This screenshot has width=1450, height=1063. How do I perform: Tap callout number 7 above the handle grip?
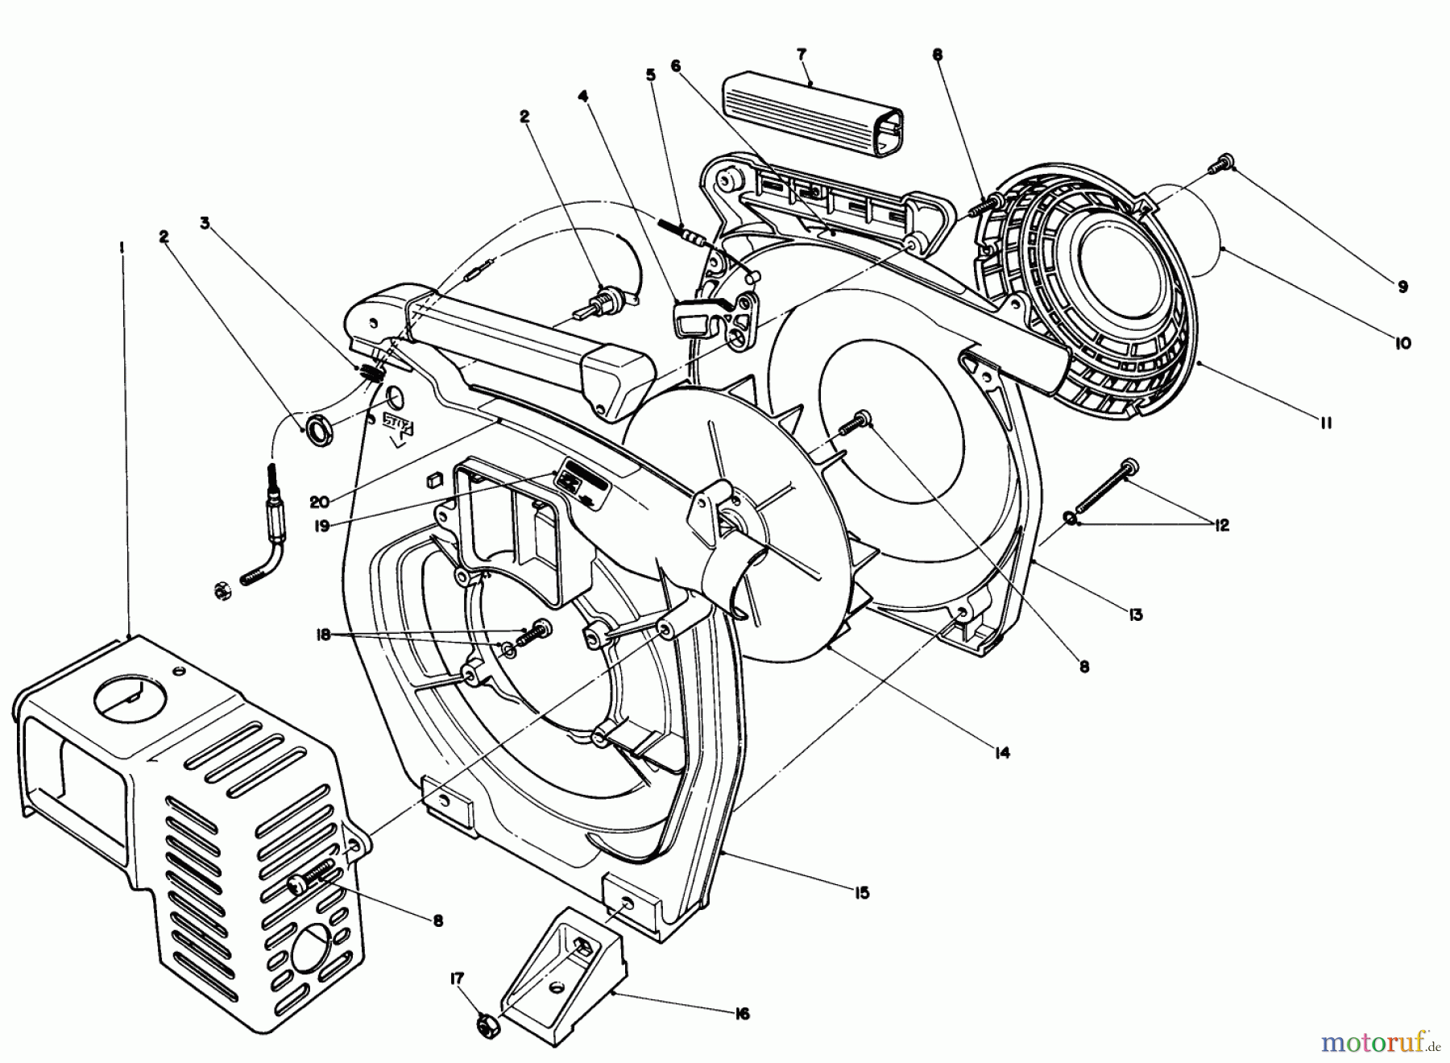[x=801, y=54]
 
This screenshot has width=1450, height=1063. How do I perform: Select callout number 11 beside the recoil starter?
[x=1326, y=421]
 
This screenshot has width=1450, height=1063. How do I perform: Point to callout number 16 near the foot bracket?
[x=742, y=1014]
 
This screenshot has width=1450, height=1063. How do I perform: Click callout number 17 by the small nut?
[x=458, y=979]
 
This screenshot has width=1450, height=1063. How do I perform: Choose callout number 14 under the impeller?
[x=1002, y=753]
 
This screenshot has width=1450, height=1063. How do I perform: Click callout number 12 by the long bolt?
[x=1221, y=525]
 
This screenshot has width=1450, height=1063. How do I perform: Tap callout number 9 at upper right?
[x=1402, y=286]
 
